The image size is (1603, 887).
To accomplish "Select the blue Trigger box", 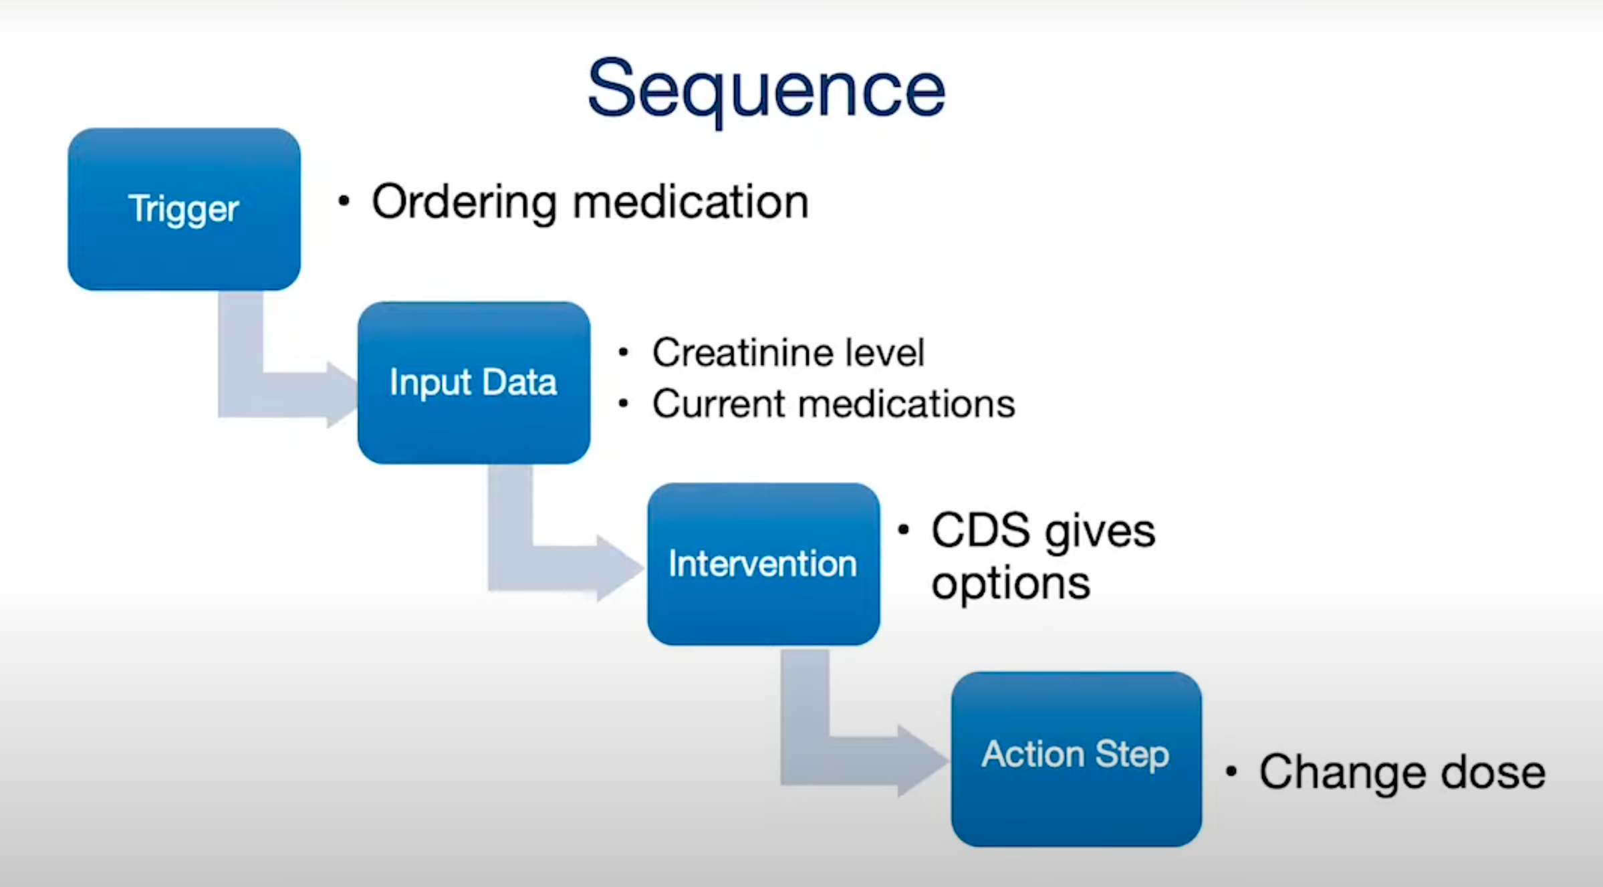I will pos(184,209).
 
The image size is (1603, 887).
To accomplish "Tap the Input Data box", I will pos(473,382).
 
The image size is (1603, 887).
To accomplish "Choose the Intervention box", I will pos(763,563).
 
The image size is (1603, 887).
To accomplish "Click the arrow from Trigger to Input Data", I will pos(267,394).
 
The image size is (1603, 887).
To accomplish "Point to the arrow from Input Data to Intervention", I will pos(541,568).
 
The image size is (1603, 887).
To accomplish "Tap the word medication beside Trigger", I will pos(691,202).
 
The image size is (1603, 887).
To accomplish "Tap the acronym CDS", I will pos(980,531).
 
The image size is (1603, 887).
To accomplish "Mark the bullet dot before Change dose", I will pos(1231,772).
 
